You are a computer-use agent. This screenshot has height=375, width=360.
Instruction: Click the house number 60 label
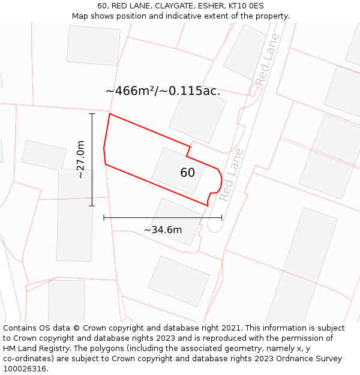point(187,173)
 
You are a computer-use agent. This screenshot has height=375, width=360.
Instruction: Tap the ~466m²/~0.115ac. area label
point(163,91)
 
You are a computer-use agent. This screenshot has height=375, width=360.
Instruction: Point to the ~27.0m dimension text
point(80,160)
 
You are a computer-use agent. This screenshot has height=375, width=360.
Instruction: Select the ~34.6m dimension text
point(163,230)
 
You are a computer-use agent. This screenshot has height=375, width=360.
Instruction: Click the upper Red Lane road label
point(267,59)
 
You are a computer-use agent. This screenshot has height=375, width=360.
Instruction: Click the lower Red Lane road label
point(230,175)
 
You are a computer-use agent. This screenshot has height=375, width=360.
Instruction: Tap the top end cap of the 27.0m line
point(92,113)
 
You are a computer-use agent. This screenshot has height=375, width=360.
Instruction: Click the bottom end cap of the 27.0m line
point(92,206)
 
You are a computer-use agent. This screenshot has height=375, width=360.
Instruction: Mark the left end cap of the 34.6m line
point(104,218)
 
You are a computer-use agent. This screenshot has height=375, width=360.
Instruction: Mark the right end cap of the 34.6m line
point(222,218)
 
